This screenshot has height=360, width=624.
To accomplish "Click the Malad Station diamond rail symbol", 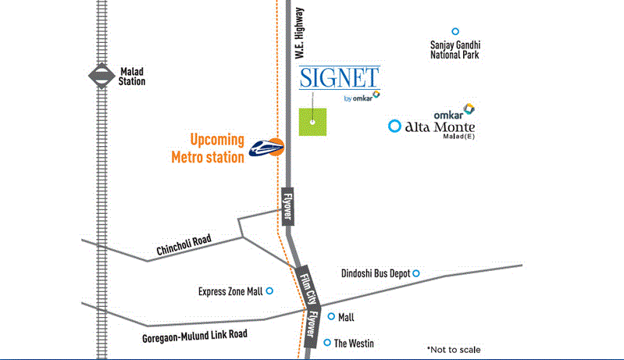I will pyautogui.click(x=100, y=76).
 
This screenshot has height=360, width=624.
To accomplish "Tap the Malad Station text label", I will pyautogui.click(x=132, y=76).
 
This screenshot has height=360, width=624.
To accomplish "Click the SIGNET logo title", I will pyautogui.click(x=340, y=78).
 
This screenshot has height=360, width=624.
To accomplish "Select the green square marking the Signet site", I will pyautogui.click(x=312, y=122).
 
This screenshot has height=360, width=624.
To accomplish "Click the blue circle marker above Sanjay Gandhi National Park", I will pyautogui.click(x=455, y=31).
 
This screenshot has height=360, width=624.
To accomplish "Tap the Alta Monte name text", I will pyautogui.click(x=440, y=126).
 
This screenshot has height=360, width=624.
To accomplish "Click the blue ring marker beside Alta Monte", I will pyautogui.click(x=395, y=126).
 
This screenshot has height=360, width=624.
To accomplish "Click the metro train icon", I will pyautogui.click(x=266, y=146).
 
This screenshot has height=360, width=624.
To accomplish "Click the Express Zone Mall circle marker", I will pyautogui.click(x=270, y=291).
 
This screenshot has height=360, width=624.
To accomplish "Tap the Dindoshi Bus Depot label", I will pyautogui.click(x=376, y=273).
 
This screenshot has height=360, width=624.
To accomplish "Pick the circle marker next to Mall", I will pyautogui.click(x=331, y=316).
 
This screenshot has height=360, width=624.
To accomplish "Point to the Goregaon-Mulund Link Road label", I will pyautogui.click(x=194, y=333).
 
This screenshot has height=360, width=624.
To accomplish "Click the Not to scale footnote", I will pyautogui.click(x=454, y=349).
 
